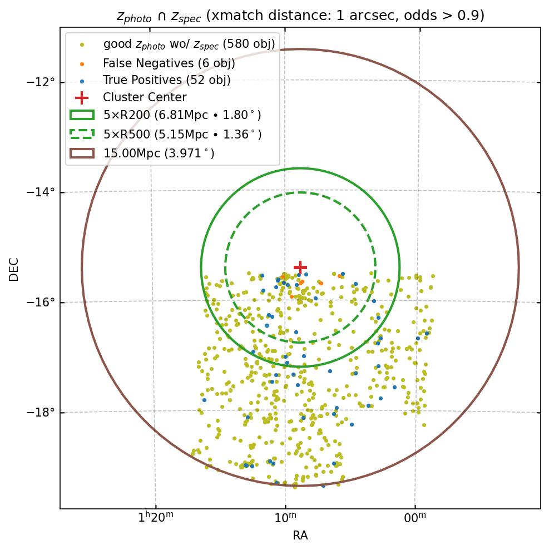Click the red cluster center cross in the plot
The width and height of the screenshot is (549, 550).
[x=300, y=268]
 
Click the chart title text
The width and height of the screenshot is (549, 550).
[x=300, y=16]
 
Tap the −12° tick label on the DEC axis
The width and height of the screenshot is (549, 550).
[x=41, y=82]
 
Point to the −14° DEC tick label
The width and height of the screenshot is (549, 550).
[x=41, y=192]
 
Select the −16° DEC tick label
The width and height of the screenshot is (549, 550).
[x=41, y=303]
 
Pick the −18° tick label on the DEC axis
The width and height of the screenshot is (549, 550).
[x=41, y=413]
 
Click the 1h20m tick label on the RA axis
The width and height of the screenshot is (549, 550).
[x=155, y=519]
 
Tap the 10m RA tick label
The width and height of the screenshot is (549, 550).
[x=285, y=519]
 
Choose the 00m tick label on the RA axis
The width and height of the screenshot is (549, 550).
[x=415, y=519]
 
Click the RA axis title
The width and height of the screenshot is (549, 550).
[x=300, y=536]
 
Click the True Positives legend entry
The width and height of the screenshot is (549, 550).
[x=166, y=80]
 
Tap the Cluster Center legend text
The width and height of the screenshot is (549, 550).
[x=145, y=97]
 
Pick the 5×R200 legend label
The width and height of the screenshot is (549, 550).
[x=182, y=115]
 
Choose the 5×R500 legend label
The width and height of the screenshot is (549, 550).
[x=182, y=134]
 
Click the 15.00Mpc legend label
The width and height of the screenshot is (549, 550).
[x=159, y=153]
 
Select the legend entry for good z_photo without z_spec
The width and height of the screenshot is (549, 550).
[x=189, y=44]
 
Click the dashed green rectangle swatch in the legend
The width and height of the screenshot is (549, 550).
[x=82, y=134]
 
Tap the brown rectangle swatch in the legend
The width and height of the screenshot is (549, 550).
[x=82, y=153]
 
